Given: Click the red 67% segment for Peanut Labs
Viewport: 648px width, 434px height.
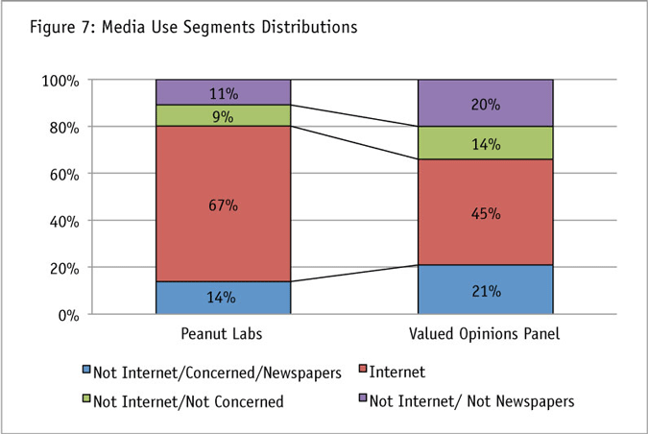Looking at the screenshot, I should pos(223,204).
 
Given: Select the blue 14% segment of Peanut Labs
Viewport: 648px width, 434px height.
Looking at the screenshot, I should pos(223,298).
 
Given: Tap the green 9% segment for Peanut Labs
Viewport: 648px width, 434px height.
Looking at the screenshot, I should pos(223,115).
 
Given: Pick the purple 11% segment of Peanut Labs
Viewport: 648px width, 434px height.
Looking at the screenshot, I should pos(223,92).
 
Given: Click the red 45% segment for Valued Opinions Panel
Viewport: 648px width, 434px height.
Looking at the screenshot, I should pos(485,212).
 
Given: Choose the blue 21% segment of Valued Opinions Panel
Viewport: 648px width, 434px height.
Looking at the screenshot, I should pos(485,289).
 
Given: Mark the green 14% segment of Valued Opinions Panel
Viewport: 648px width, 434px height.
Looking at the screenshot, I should pos(485,143).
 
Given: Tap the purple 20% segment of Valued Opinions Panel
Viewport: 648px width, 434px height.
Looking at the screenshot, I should pos(485,103).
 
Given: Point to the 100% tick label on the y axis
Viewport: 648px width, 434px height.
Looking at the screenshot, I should pos(60,81).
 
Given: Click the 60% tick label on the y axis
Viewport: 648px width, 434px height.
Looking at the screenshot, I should pos(63,174).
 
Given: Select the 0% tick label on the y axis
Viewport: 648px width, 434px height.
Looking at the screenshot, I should pos(67,314).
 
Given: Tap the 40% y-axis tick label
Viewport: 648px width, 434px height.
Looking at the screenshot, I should pos(63,221).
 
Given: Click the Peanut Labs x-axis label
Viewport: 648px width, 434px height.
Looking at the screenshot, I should pos(223,335).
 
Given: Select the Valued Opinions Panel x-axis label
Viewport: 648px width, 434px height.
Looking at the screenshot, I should pos(485,335).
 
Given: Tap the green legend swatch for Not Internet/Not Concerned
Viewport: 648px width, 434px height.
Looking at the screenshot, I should pos(85,400).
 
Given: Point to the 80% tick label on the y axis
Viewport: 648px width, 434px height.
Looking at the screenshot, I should pos(63,127).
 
